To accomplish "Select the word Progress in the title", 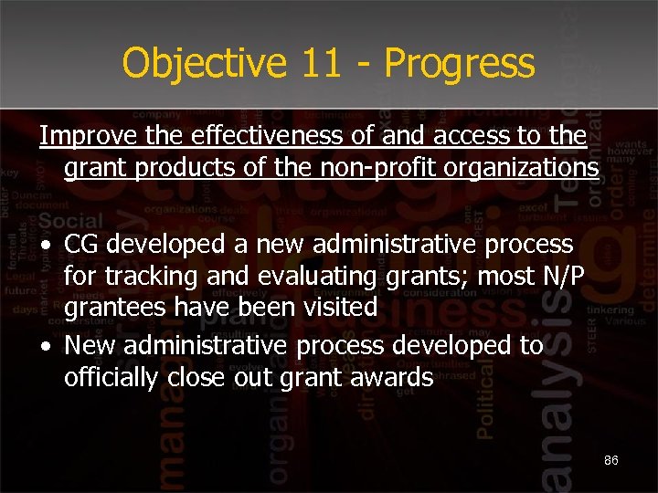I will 460,64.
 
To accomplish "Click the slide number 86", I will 611,461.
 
